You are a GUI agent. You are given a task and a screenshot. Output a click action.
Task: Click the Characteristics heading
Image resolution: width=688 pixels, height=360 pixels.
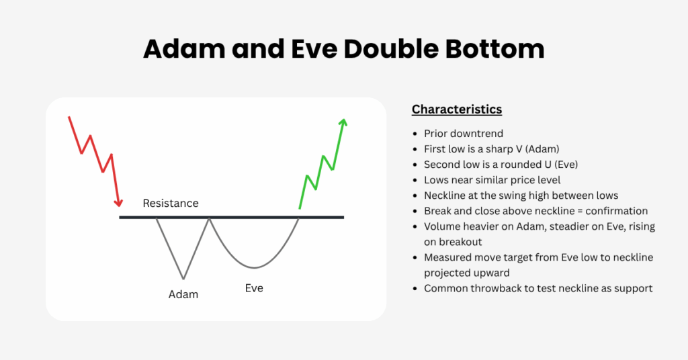pyautogui.click(x=456, y=109)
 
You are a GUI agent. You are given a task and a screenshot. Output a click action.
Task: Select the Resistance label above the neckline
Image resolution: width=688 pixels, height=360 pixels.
pyautogui.click(x=171, y=203)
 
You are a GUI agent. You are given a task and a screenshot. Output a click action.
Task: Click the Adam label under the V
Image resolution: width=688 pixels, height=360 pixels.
pyautogui.click(x=183, y=294)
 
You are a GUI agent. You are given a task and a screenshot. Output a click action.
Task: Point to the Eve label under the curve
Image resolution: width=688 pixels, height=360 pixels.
pyautogui.click(x=254, y=288)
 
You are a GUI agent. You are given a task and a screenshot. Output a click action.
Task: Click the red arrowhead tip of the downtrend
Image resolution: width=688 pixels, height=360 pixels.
pyautogui.click(x=120, y=206)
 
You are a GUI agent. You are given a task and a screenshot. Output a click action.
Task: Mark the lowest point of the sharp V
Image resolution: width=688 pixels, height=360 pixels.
pyautogui.click(x=183, y=278)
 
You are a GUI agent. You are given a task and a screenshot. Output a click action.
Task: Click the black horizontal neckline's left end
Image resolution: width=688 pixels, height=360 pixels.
pyautogui.click(x=121, y=218)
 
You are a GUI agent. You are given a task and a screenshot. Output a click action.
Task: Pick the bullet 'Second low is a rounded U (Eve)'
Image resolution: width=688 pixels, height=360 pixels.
pyautogui.click(x=501, y=165)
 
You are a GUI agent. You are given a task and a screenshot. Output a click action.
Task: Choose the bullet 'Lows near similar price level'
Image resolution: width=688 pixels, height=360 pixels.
pyautogui.click(x=492, y=180)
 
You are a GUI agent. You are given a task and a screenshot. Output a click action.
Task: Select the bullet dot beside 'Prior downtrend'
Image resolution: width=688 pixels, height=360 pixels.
pyautogui.click(x=416, y=134)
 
